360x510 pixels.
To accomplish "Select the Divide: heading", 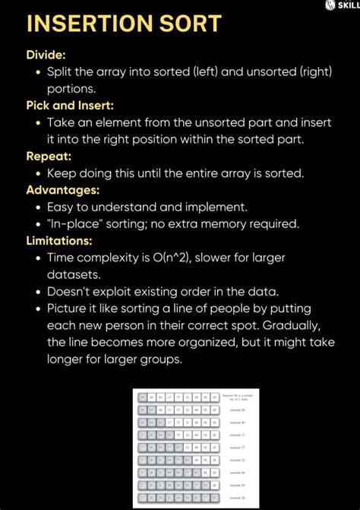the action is pyautogui.click(x=47, y=55).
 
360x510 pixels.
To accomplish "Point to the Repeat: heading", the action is pyautogui.click(x=49, y=156).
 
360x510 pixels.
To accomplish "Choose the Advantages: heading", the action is pyautogui.click(x=65, y=189).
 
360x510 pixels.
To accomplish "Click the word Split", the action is pyautogui.click(x=61, y=71).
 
